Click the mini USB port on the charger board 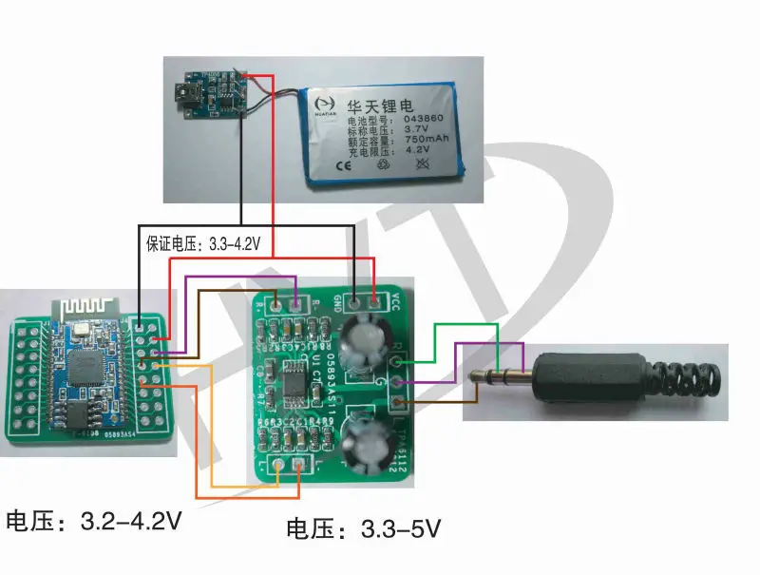click(181, 95)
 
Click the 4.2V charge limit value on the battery click(418, 149)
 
